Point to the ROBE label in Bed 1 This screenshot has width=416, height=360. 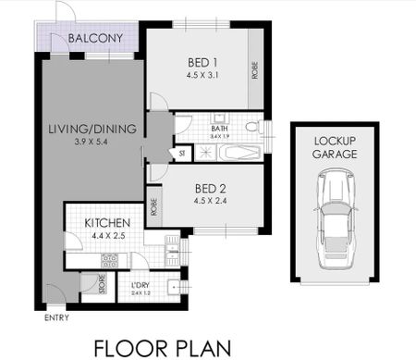pos(255,71)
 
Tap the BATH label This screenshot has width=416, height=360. pos(219,128)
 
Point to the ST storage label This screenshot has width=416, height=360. pos(181,154)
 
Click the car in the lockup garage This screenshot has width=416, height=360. pos(332,228)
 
